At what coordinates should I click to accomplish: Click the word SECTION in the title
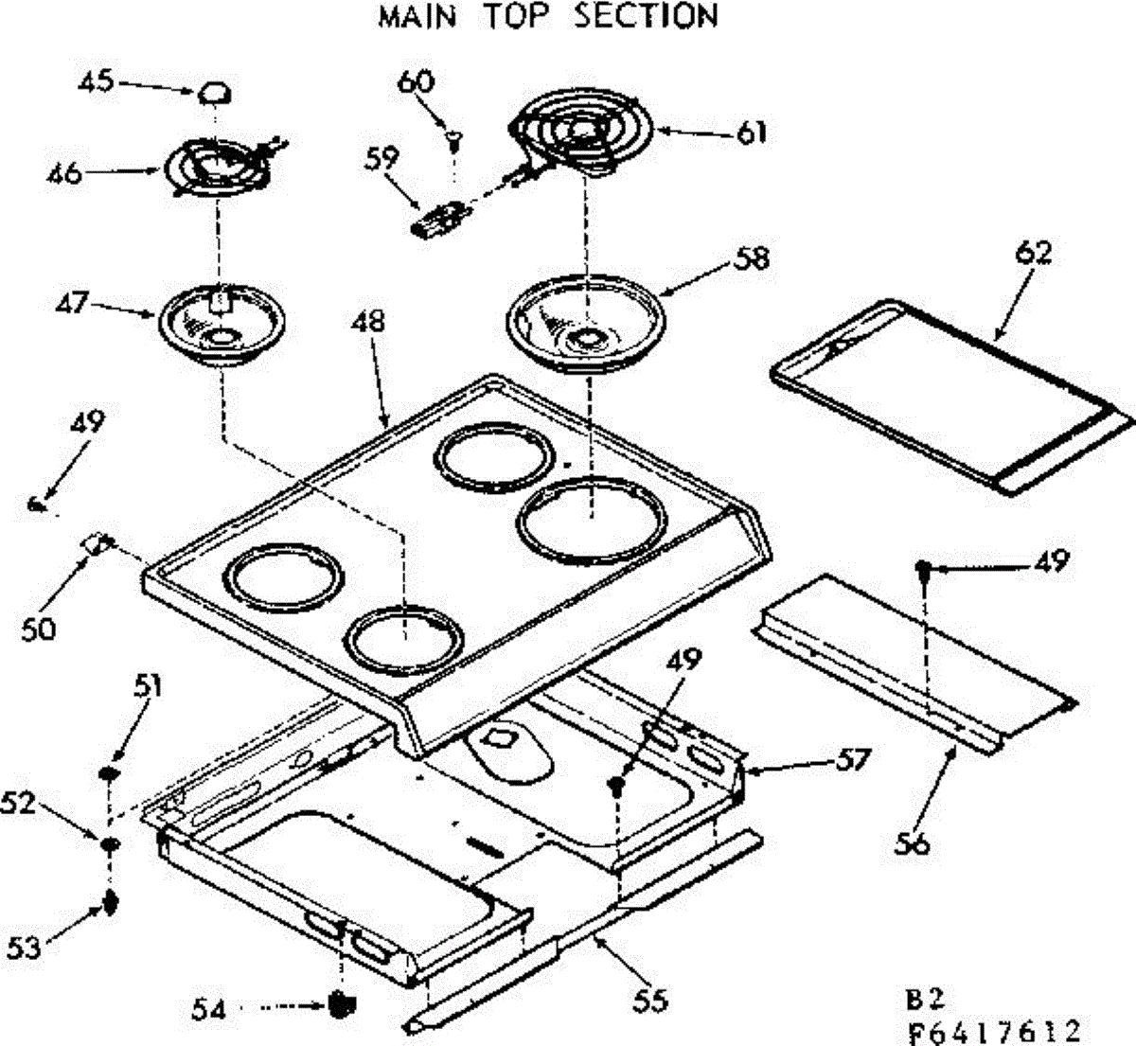pyautogui.click(x=647, y=16)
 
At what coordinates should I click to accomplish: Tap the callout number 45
pyautogui.click(x=95, y=81)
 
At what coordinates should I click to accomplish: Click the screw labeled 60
pyautogui.click(x=454, y=142)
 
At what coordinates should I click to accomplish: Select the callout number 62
pyautogui.click(x=1034, y=254)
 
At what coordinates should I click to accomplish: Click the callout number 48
pyautogui.click(x=369, y=321)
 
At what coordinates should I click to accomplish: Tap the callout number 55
pyautogui.click(x=650, y=999)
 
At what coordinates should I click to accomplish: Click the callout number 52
pyautogui.click(x=19, y=803)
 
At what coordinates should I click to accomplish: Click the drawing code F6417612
pyautogui.click(x=993, y=1029)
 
